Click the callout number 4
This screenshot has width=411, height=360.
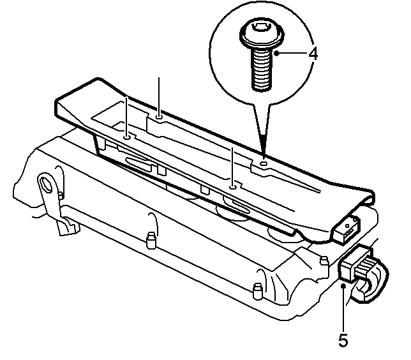313,54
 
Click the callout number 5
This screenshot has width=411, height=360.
343,340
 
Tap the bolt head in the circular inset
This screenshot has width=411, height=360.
262,34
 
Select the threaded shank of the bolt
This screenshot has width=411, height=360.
261,70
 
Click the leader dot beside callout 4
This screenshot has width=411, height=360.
276,54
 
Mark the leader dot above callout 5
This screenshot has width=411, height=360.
343,286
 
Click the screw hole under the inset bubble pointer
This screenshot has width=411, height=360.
264,164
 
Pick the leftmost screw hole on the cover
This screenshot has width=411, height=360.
127,137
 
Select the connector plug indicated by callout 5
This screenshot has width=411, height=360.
355,266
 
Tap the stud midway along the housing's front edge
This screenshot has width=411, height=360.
151,239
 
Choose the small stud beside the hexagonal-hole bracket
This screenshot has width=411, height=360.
61,195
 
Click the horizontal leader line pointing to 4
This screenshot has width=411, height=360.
292,54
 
